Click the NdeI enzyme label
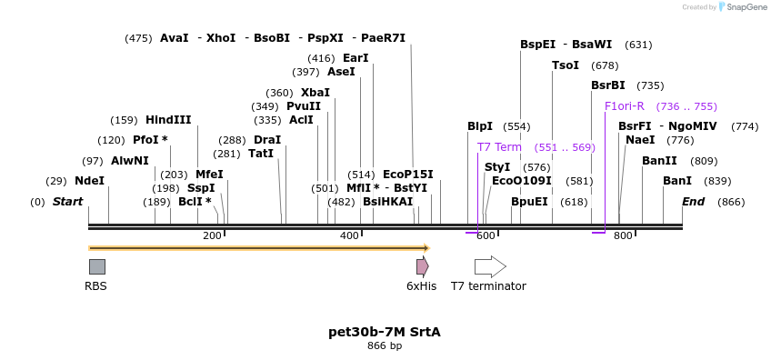pyautogui.click(x=89, y=181)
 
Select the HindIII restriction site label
pyautogui.click(x=168, y=120)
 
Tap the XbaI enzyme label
pyautogui.click(x=315, y=93)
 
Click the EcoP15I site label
pyautogui.click(x=408, y=175)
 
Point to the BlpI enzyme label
pyautogui.click(x=480, y=126)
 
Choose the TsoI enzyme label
pyautogui.click(x=566, y=65)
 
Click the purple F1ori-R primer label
pyautogui.click(x=625, y=106)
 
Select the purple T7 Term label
pyautogui.click(x=499, y=147)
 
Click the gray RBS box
pyautogui.click(x=96, y=266)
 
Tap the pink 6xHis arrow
pyautogui.click(x=422, y=266)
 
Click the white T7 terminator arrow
pyautogui.click(x=489, y=266)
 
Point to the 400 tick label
pyautogui.click(x=349, y=236)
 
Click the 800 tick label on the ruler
pyautogui.click(x=623, y=236)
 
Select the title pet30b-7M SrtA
pyautogui.click(x=385, y=332)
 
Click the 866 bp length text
pyautogui.click(x=385, y=346)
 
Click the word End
pyautogui.click(x=693, y=202)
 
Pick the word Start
pyautogui.click(x=67, y=202)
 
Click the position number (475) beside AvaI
pyautogui.click(x=138, y=38)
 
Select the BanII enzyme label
pyautogui.click(x=659, y=161)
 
